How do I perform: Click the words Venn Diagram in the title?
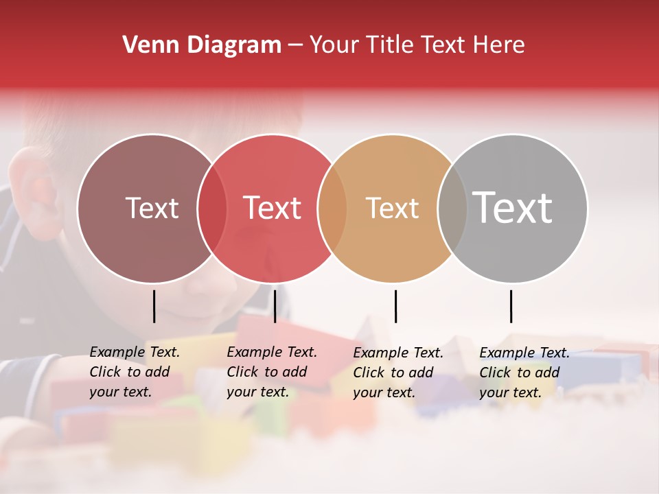(201, 45)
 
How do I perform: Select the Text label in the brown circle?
(152, 208)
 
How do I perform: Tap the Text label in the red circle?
(273, 208)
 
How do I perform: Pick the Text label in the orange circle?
(392, 208)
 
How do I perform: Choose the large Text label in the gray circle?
(513, 207)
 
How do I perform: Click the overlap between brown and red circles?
(212, 209)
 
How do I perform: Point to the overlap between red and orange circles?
(332, 209)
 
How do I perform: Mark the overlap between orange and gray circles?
(452, 209)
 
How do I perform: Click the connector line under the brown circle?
(154, 306)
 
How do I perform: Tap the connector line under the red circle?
(275, 306)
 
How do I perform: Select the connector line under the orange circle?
(395, 306)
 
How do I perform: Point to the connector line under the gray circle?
(511, 306)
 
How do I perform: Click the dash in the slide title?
(295, 45)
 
